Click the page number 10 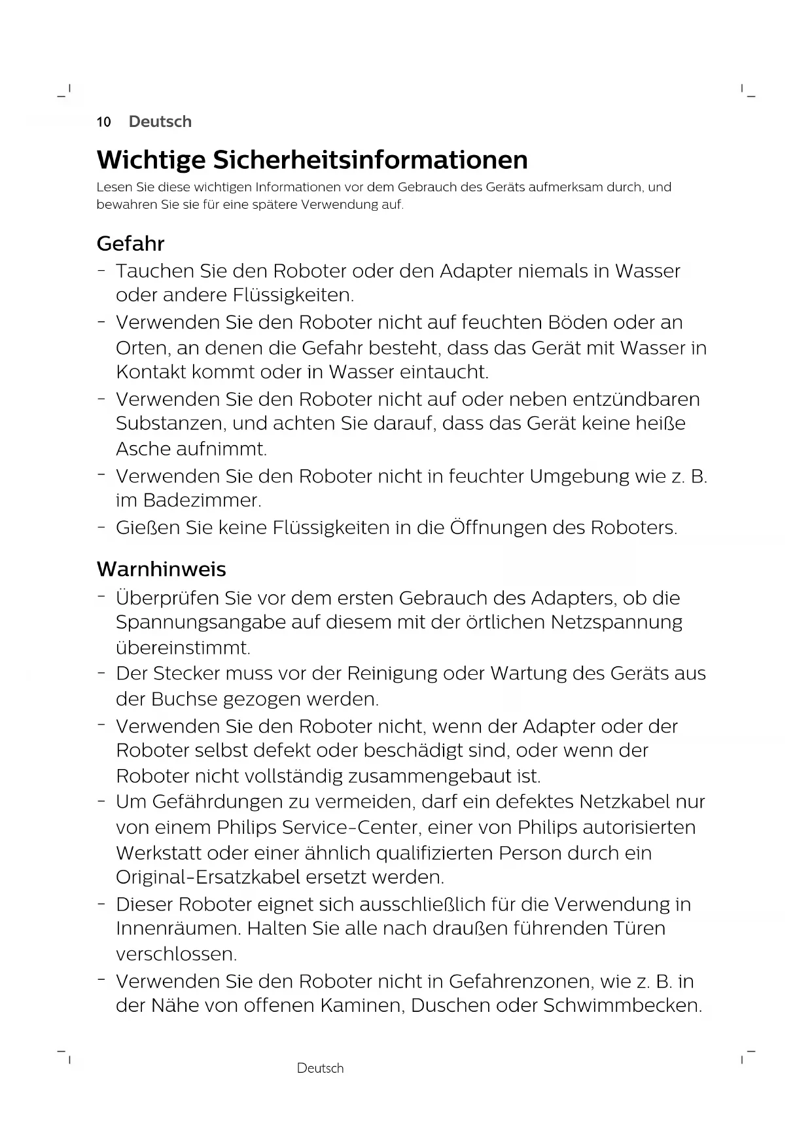click(103, 122)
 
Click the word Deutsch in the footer click(320, 1068)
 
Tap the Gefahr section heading click(130, 243)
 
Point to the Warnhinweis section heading click(161, 569)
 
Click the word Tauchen click(155, 271)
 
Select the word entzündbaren click(636, 399)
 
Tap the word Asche click(143, 449)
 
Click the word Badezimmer click(202, 501)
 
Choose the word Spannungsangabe click(200, 622)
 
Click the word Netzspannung click(616, 622)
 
